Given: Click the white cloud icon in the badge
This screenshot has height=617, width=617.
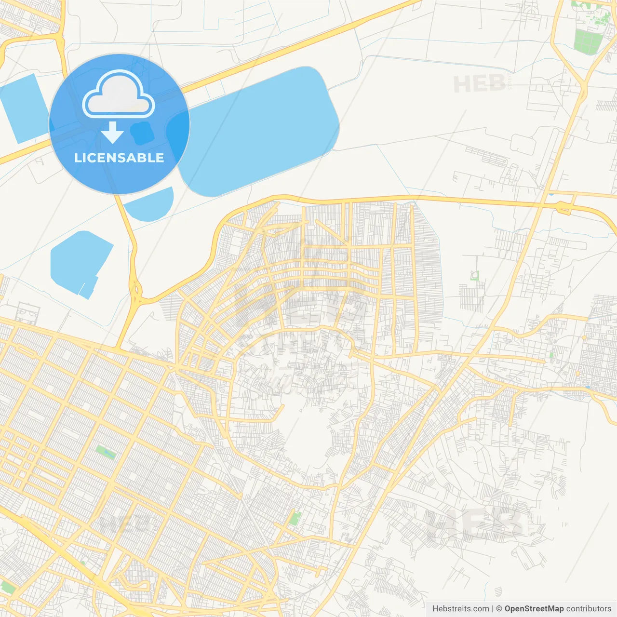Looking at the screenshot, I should (119, 95).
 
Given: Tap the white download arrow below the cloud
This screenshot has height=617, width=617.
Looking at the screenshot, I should (112, 133).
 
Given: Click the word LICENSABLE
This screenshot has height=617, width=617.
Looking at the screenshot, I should (119, 158).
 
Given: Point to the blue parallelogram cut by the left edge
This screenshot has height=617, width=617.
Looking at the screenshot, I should (22, 108).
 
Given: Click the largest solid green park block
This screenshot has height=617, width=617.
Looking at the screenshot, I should (585, 42).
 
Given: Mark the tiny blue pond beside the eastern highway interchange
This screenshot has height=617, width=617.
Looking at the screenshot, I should (551, 194).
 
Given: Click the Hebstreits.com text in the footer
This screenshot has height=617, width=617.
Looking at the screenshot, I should (460, 609).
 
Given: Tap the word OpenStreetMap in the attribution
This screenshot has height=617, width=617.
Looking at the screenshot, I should (534, 609).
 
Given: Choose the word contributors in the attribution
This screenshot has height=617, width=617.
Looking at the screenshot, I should (589, 609).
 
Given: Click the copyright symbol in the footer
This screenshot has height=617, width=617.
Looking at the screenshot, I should (499, 609).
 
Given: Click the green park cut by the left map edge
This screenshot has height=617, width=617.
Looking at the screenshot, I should (7, 587).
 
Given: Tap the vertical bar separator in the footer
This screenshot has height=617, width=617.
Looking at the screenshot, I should (493, 609).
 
